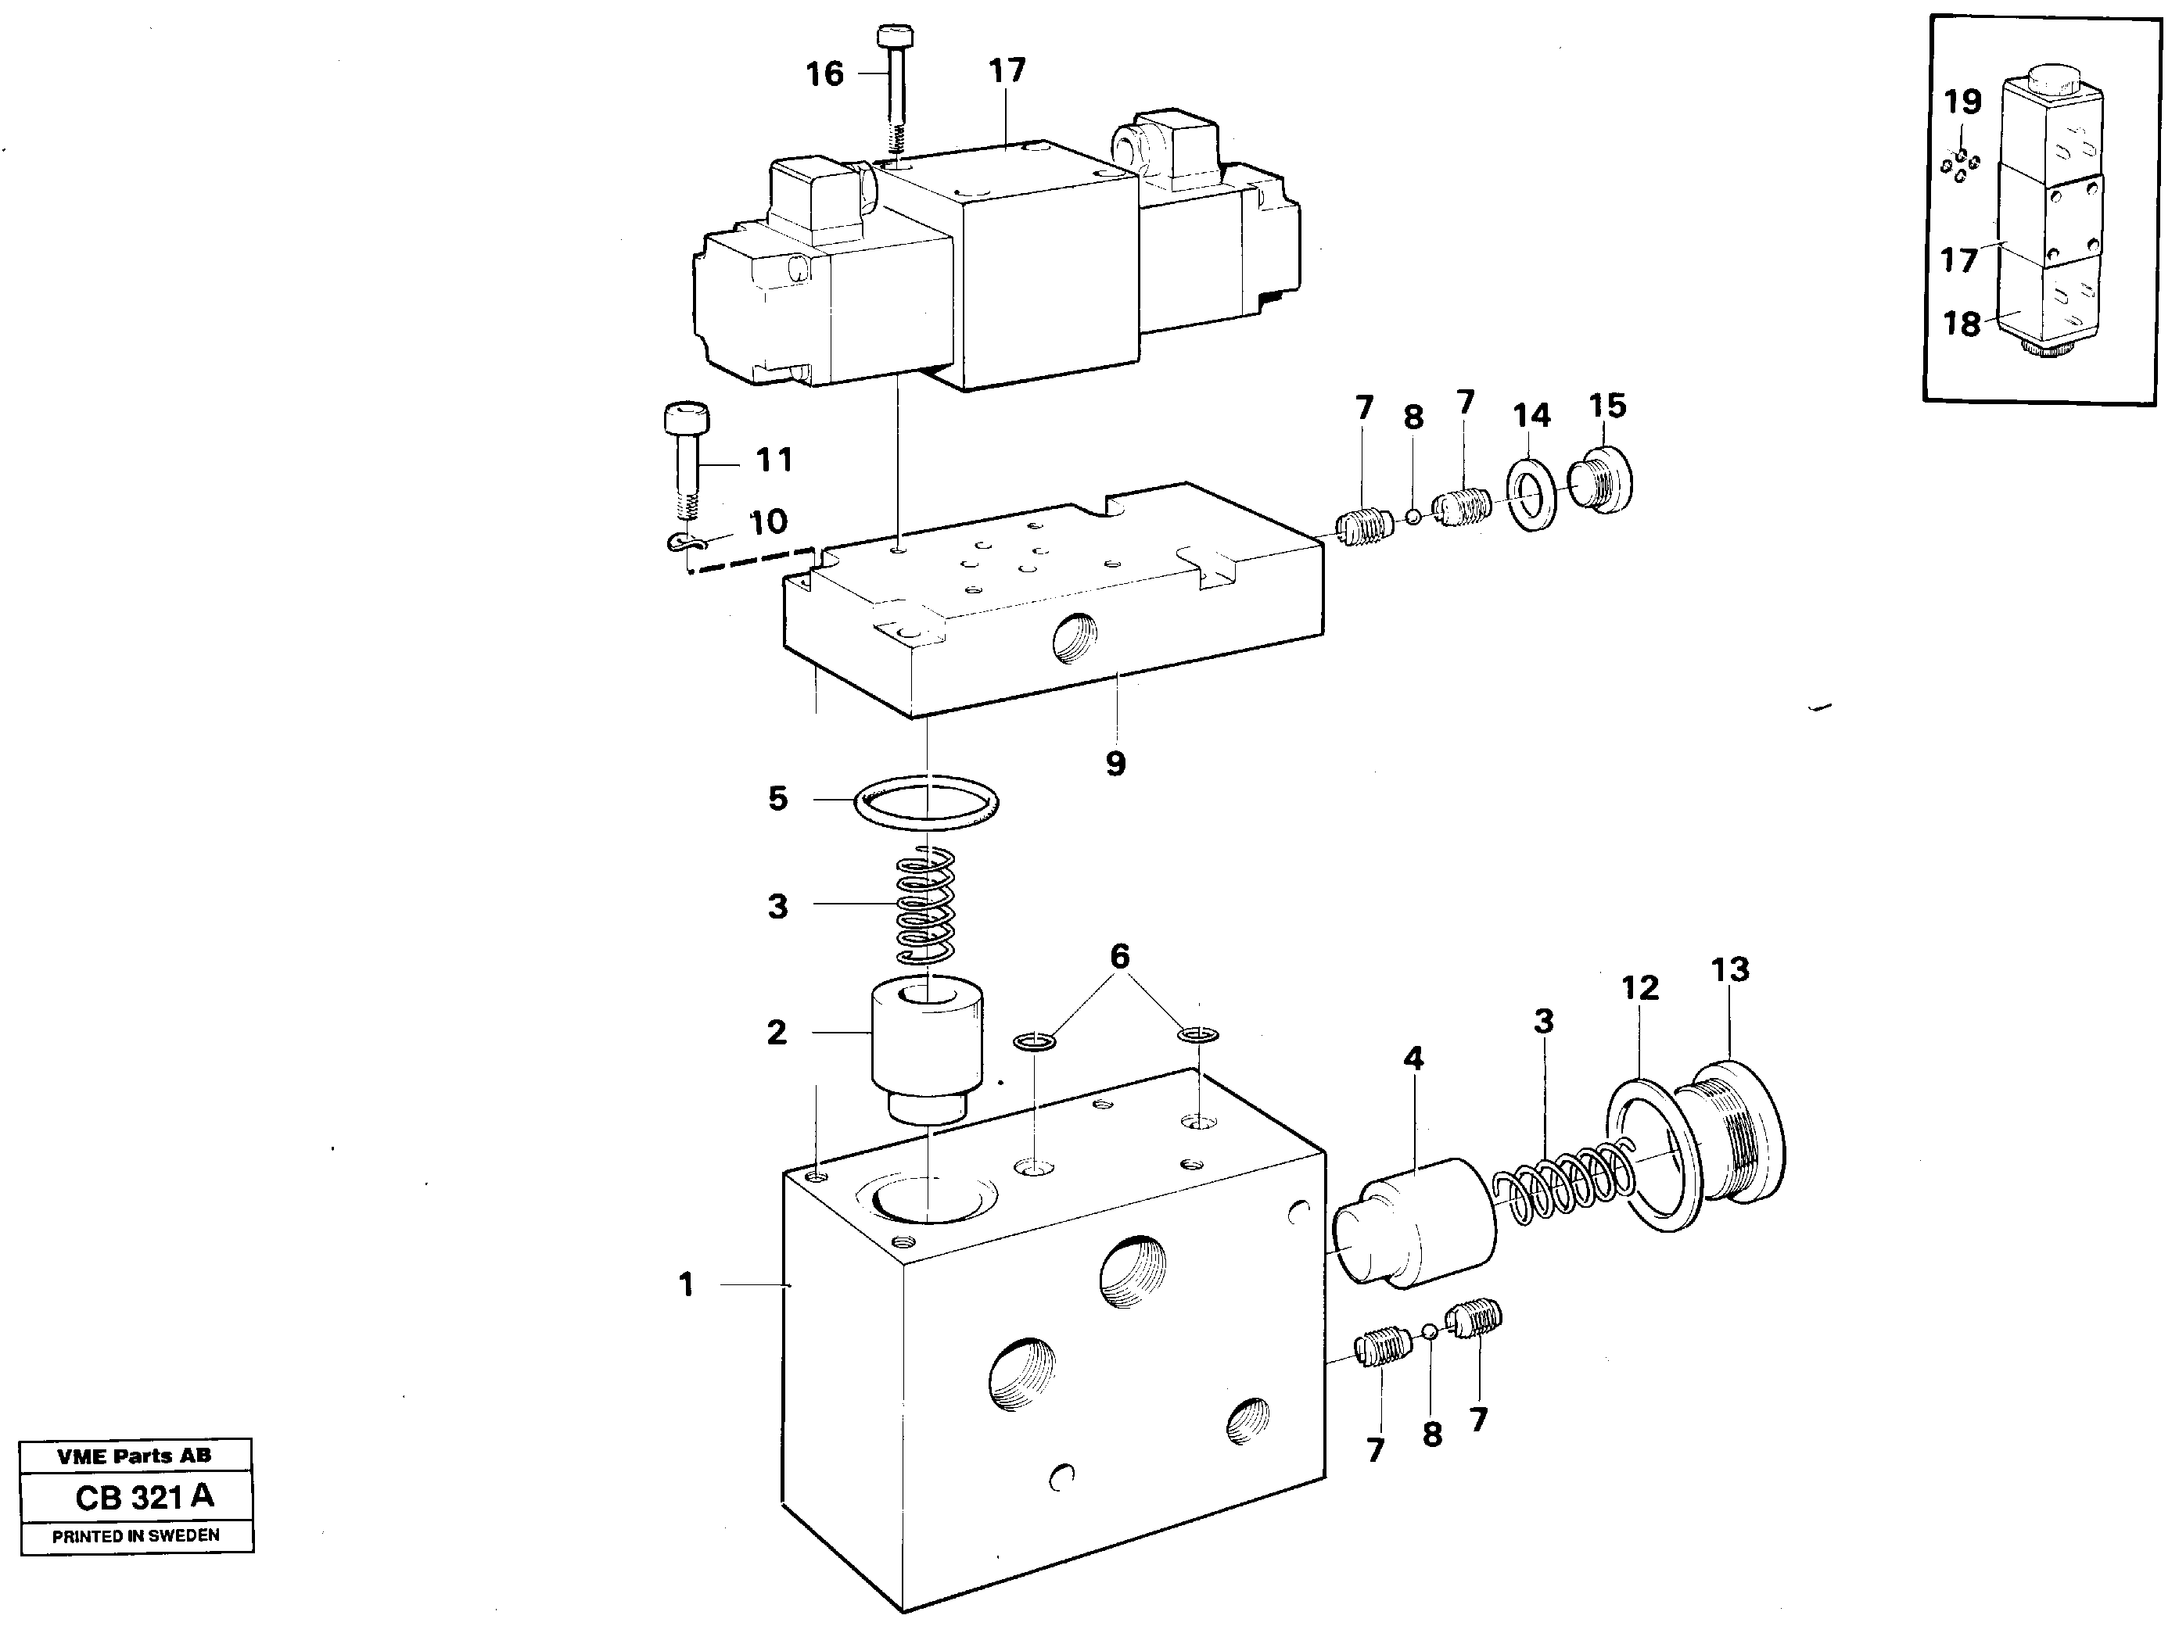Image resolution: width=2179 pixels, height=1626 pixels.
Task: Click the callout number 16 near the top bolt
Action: (x=824, y=73)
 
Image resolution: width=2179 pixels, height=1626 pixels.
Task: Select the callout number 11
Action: (x=774, y=460)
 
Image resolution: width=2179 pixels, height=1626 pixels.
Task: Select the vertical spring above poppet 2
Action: (x=925, y=905)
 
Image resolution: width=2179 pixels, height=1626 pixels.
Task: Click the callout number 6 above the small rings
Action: (x=1119, y=956)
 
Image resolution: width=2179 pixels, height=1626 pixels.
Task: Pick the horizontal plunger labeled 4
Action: (x=1413, y=1223)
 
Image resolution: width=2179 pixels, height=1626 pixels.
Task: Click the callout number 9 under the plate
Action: (x=1115, y=763)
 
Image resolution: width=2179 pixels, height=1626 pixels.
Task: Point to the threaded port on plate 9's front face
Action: (x=1074, y=645)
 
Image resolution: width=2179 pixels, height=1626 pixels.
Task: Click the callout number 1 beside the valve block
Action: (x=686, y=1284)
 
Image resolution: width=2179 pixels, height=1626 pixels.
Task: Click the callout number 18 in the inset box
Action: (x=1961, y=323)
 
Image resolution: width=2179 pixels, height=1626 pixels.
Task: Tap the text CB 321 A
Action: (x=144, y=1497)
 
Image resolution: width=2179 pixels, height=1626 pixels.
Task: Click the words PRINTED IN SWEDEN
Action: (x=136, y=1535)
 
